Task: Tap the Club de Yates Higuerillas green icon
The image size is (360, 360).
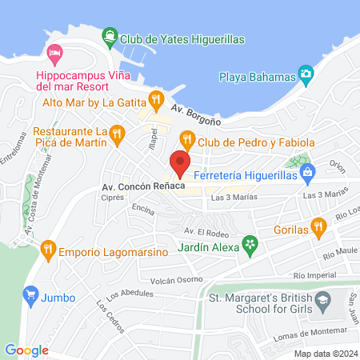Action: [x=109, y=37]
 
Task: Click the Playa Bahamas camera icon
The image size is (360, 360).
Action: [x=305, y=75]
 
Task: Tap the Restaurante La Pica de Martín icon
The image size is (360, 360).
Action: [x=118, y=133]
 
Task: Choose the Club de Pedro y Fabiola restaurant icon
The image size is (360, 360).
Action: [x=187, y=140]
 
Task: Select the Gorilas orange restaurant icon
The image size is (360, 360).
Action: [x=319, y=229]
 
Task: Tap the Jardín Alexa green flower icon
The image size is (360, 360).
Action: [x=250, y=241]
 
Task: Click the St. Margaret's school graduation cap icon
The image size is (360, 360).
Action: [x=323, y=302]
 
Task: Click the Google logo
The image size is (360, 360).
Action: [x=27, y=350]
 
